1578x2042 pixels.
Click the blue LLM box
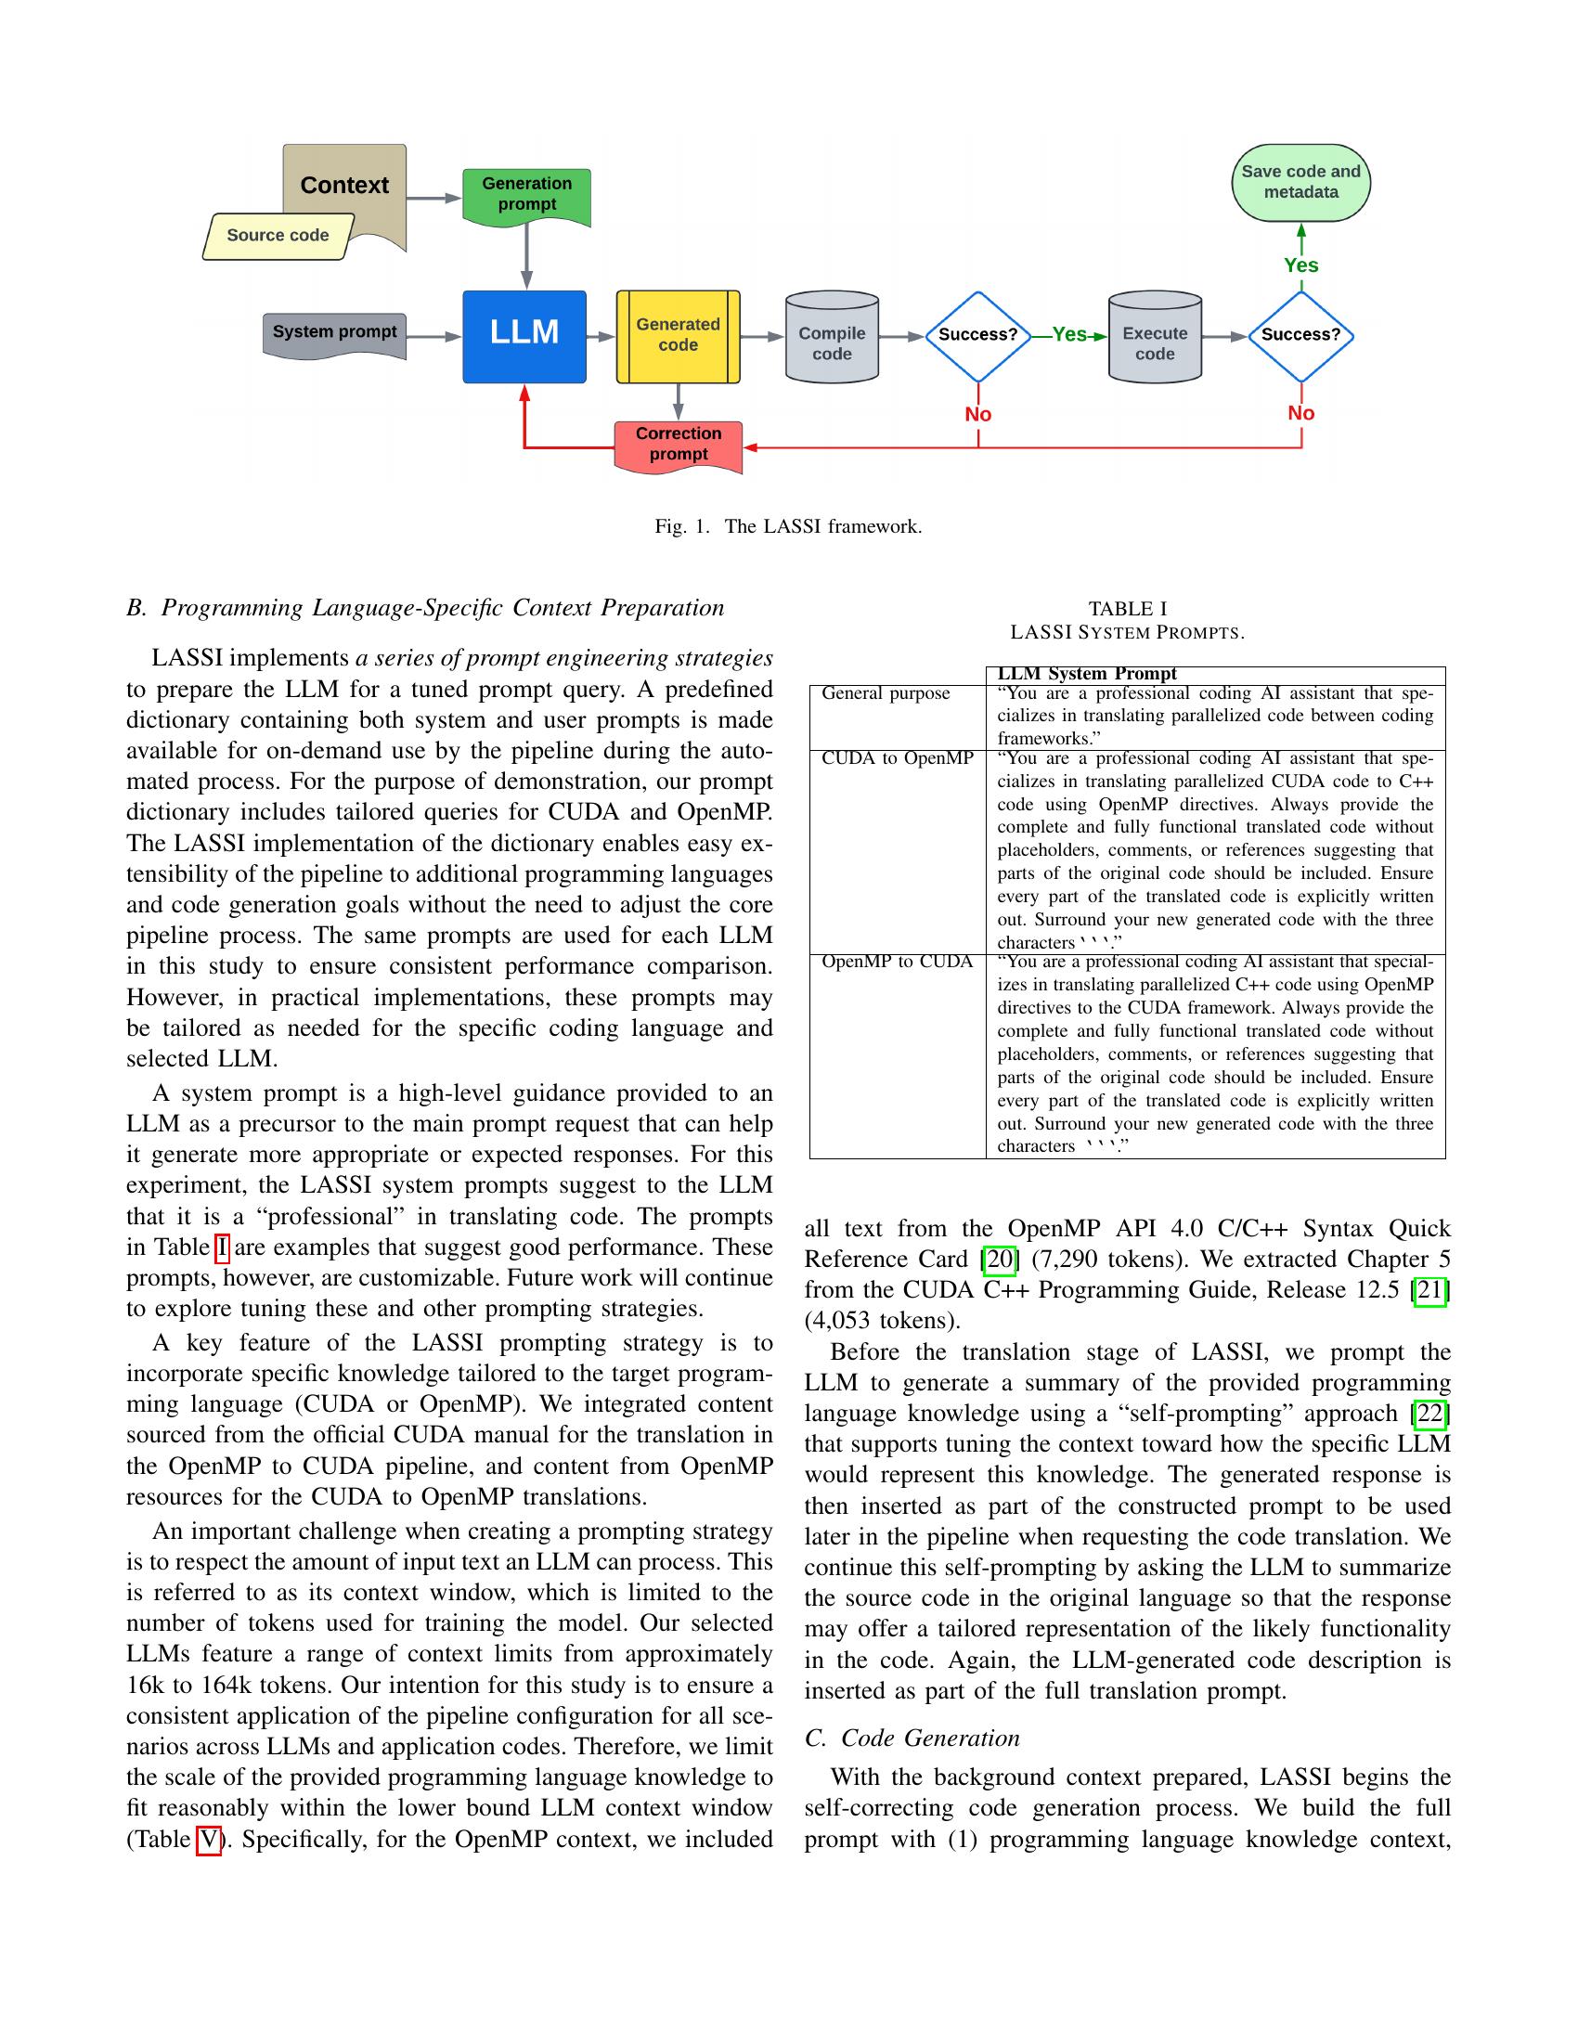pos(524,337)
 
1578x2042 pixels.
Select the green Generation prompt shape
pos(526,195)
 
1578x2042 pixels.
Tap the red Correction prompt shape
pos(678,444)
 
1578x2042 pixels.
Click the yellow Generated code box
pos(678,336)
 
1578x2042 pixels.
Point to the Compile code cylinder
pos(831,342)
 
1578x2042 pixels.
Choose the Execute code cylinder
pos(1155,342)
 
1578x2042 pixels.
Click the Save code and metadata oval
pos(1300,182)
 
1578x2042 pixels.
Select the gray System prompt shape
pos(334,334)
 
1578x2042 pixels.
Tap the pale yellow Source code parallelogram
pos(278,236)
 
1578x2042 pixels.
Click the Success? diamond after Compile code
pos(977,335)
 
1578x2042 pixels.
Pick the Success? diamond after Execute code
pos(1300,335)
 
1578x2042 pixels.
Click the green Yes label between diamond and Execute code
pos(1068,335)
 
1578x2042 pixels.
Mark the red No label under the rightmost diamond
pos(1300,413)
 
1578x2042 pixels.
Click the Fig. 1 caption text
pos(788,526)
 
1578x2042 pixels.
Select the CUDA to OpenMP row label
pos(897,758)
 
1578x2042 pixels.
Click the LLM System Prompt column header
pos(1086,674)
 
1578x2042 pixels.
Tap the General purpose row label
pos(885,693)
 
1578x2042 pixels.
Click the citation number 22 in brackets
pos(1429,1413)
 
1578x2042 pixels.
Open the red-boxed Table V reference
pos(209,1839)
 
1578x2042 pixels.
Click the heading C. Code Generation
pos(912,1738)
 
